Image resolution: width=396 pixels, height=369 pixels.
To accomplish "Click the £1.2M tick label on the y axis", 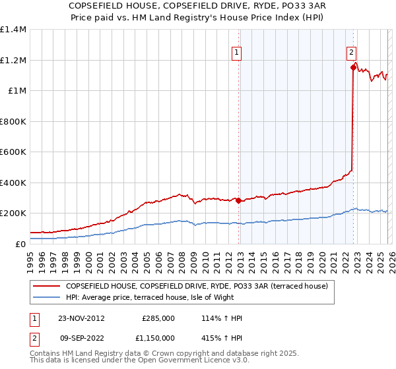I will (x=13, y=60).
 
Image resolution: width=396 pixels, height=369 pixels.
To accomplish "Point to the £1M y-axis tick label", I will (x=16, y=90).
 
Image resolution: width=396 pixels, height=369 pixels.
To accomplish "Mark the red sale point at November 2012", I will (x=238, y=200).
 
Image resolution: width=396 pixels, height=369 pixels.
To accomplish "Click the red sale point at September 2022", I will (x=353, y=67).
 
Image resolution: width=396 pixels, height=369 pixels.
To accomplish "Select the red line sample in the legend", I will (x=46, y=286).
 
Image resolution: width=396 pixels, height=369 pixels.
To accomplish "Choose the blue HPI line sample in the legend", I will (x=46, y=297).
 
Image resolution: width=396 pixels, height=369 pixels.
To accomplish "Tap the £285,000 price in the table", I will (x=158, y=318).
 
